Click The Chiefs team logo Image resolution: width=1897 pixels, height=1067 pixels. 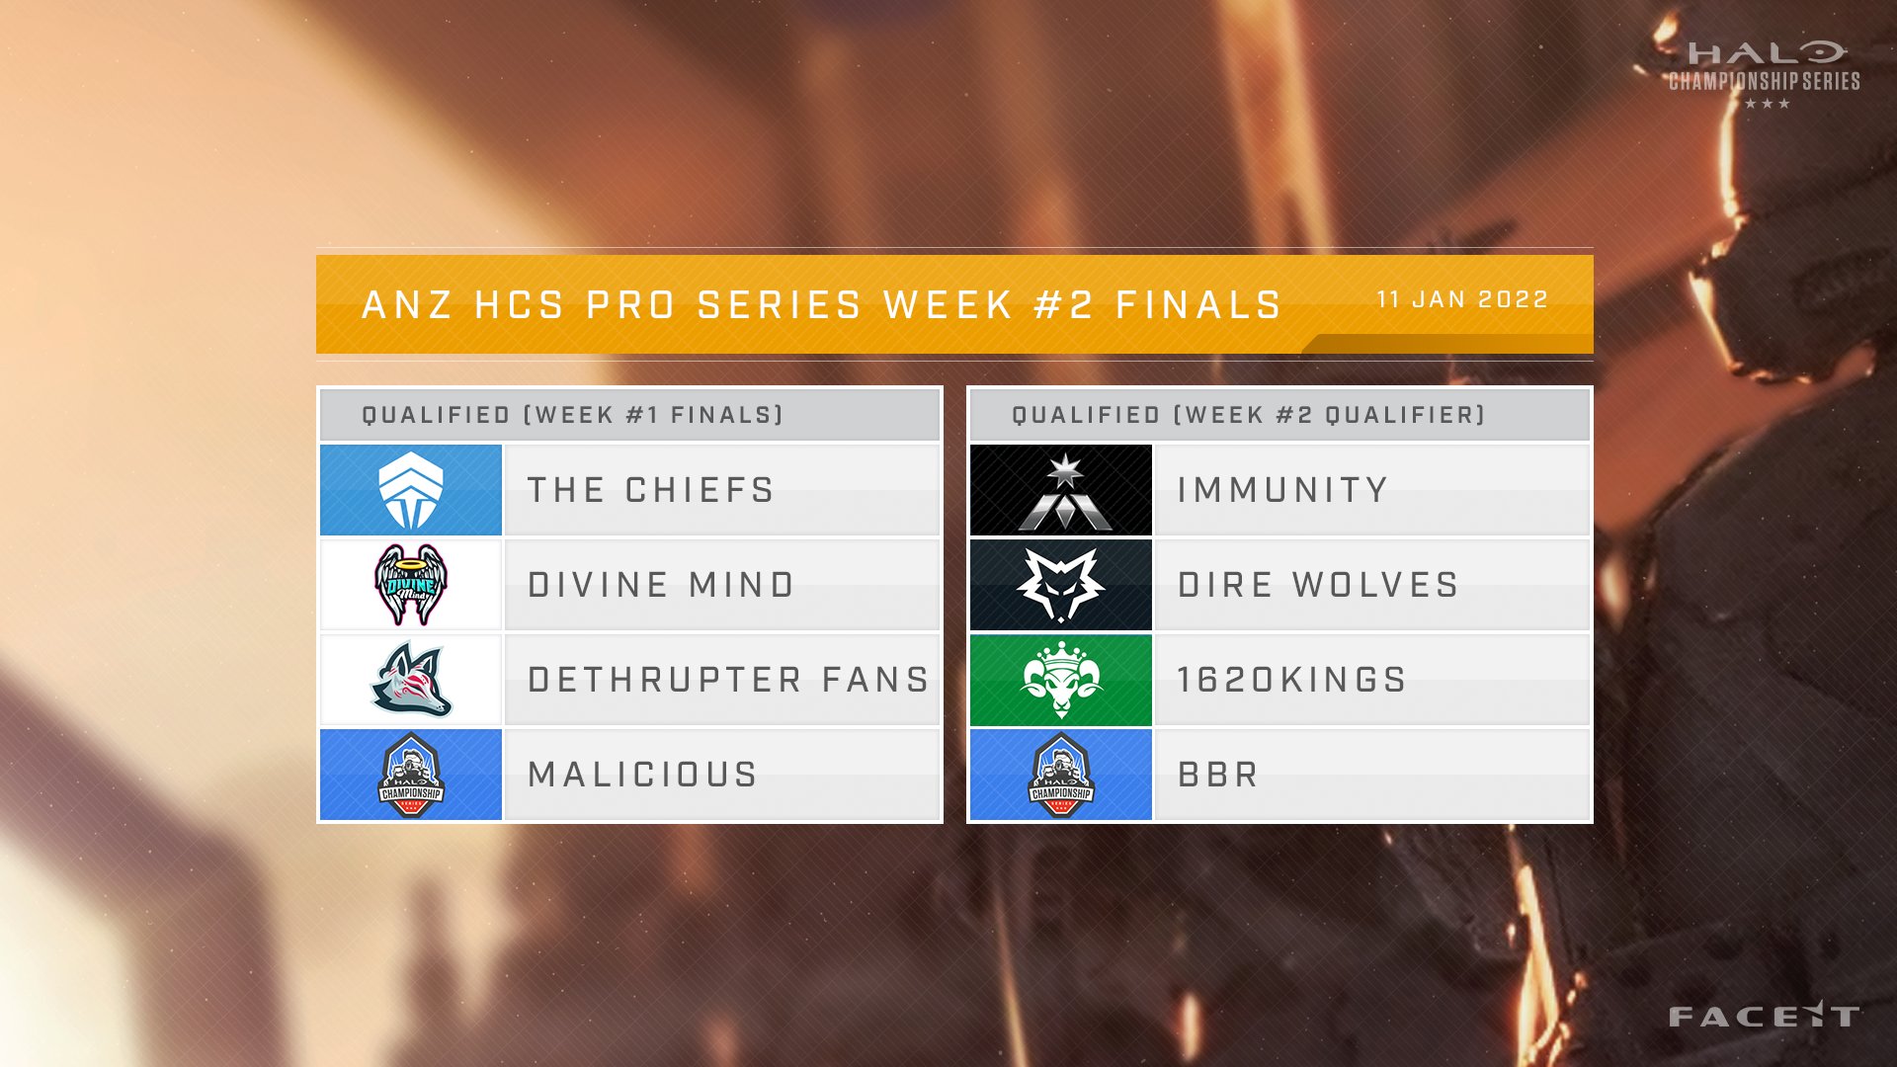pyautogui.click(x=411, y=490)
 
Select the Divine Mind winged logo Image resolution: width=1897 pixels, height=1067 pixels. pyautogui.click(x=411, y=585)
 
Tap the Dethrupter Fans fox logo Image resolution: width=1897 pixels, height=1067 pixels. pyautogui.click(x=411, y=680)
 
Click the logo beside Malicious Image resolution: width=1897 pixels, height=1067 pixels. pyautogui.click(x=411, y=775)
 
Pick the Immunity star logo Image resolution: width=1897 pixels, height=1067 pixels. pyautogui.click(x=1061, y=490)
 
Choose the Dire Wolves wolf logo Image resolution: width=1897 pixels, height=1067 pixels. pyautogui.click(x=1061, y=585)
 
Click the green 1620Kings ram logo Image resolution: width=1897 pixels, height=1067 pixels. pyautogui.click(x=1061, y=680)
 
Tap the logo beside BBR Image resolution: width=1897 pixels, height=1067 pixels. pyautogui.click(x=1061, y=775)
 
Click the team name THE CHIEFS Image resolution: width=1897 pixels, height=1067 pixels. pyautogui.click(x=650, y=490)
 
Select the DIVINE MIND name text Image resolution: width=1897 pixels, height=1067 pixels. pyautogui.click(x=661, y=585)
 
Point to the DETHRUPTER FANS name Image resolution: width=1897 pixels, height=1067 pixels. pyautogui.click(x=728, y=680)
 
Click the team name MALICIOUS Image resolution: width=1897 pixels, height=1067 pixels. pyautogui.click(x=642, y=775)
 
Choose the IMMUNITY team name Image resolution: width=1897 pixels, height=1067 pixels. pyautogui.click(x=1282, y=490)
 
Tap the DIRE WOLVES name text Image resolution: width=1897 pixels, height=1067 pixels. pyautogui.click(x=1318, y=585)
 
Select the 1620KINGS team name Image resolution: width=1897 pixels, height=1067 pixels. pyautogui.click(x=1291, y=680)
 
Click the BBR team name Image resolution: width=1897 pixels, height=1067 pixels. pyautogui.click(x=1218, y=775)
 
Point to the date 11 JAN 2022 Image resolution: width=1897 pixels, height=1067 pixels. pyautogui.click(x=1462, y=299)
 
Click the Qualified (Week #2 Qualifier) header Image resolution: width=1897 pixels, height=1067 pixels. pyautogui.click(x=1249, y=415)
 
